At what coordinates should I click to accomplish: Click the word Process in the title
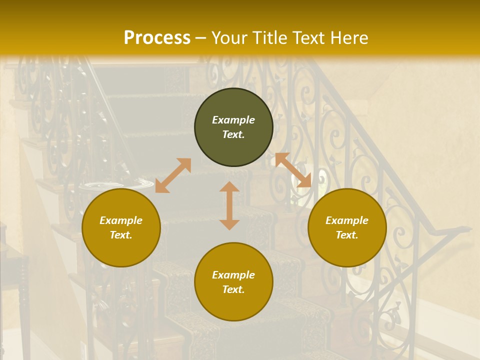click(x=157, y=38)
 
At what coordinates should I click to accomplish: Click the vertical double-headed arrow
click(x=229, y=206)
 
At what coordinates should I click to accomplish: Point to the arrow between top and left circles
click(x=173, y=175)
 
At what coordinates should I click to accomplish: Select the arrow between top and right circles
click(x=293, y=170)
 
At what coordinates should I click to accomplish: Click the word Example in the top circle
click(x=233, y=120)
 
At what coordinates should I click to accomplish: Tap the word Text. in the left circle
click(x=121, y=235)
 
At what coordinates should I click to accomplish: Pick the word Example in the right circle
click(x=347, y=220)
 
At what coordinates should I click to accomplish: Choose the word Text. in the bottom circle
click(x=233, y=289)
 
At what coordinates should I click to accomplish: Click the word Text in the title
click(x=309, y=38)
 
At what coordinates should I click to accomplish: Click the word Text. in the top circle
click(x=233, y=134)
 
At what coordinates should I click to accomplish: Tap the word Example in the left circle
click(x=121, y=220)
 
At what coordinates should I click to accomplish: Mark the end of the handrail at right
click(x=468, y=229)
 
